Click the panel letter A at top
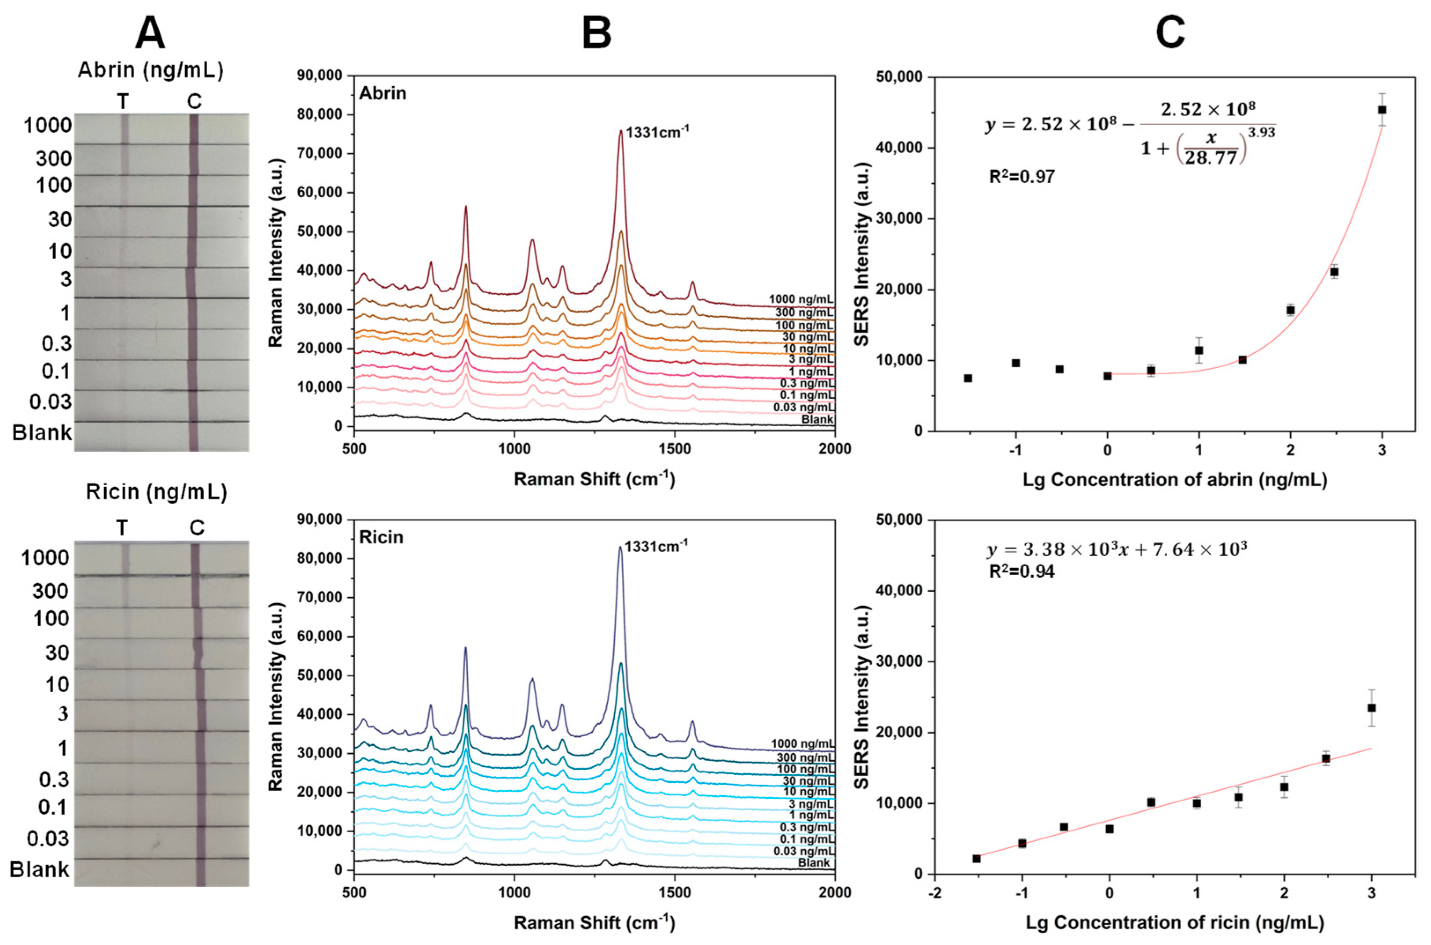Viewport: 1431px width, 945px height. [x=150, y=33]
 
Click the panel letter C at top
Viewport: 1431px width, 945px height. [x=1170, y=33]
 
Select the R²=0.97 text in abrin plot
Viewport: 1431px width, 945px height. [x=1022, y=177]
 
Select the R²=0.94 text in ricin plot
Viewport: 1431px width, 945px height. [x=1022, y=571]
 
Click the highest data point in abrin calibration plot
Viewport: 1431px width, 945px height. [x=1382, y=110]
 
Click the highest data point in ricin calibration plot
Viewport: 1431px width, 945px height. [x=1371, y=708]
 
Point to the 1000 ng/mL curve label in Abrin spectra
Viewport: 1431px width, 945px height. [x=801, y=299]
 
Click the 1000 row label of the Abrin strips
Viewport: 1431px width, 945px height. [x=48, y=126]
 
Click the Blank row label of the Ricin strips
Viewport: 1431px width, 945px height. [x=40, y=870]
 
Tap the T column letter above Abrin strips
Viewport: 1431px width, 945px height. [x=123, y=102]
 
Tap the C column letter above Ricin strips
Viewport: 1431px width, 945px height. [x=197, y=528]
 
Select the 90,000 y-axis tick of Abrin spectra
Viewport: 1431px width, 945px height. [x=320, y=76]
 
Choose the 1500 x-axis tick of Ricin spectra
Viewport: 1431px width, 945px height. [x=675, y=893]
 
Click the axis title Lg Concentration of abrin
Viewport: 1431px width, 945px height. [x=1174, y=480]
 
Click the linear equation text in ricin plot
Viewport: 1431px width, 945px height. [x=1116, y=550]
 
